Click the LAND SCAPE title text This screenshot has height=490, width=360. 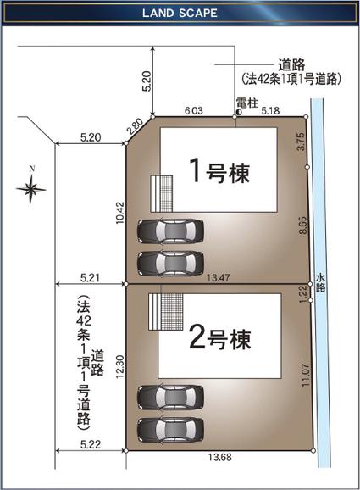point(180,14)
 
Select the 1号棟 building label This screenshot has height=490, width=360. point(218,172)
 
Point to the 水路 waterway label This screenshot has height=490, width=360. point(320,283)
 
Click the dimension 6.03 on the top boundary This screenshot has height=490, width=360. point(194,110)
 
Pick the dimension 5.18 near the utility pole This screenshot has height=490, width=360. point(270,110)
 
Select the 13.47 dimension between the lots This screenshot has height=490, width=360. point(219,277)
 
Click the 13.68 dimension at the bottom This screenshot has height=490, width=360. point(219,459)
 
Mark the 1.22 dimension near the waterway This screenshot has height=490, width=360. point(302,292)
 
